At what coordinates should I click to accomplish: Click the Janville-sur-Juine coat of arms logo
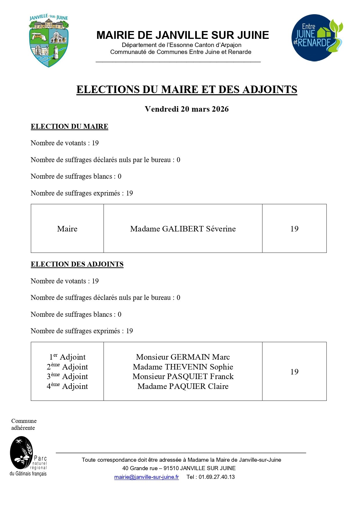[x=49, y=41]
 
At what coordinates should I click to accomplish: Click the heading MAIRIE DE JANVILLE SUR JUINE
[x=182, y=35]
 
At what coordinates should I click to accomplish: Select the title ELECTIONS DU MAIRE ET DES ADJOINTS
[x=187, y=89]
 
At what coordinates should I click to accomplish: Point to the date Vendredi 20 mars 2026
[x=187, y=109]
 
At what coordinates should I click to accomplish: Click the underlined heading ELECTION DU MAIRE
[x=69, y=126]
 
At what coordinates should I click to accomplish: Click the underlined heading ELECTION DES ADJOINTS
[x=77, y=264]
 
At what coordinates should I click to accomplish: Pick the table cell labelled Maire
[x=67, y=229]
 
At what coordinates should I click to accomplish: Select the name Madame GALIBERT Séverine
[x=183, y=229]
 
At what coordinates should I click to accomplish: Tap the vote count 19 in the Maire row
[x=294, y=229]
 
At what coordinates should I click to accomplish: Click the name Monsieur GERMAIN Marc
[x=183, y=357]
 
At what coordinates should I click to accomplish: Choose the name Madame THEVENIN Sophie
[x=183, y=367]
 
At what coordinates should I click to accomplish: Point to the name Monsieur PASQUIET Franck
[x=183, y=376]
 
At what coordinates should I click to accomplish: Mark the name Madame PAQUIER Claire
[x=183, y=386]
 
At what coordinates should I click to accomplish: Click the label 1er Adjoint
[x=67, y=357]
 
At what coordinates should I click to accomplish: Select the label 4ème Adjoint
[x=67, y=386]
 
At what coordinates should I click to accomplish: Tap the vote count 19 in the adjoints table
[x=294, y=372]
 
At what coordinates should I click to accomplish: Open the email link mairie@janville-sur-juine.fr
[x=146, y=477]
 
